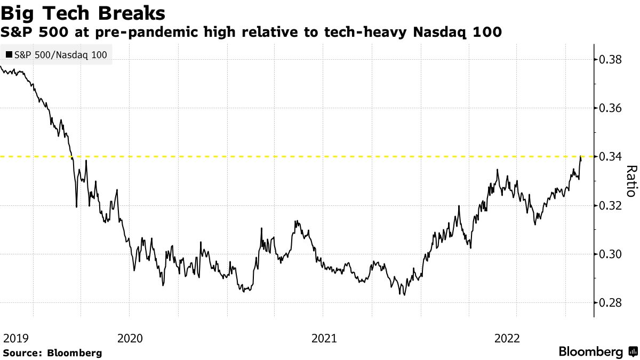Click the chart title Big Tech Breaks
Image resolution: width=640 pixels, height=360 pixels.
point(83,12)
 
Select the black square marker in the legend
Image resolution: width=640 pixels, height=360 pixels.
point(9,54)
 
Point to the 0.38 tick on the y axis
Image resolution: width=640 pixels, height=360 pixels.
point(610,59)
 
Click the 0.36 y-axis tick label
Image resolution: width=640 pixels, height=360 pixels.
point(610,108)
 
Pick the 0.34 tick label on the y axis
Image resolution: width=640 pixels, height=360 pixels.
point(610,157)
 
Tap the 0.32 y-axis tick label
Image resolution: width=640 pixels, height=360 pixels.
point(610,206)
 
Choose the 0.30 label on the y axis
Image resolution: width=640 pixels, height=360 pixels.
point(610,254)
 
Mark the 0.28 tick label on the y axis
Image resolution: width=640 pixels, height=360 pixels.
point(610,303)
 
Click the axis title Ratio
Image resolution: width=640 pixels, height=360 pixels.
point(630,181)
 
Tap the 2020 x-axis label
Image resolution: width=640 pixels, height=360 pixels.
point(130,338)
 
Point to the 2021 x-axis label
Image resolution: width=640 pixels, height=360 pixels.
point(324,338)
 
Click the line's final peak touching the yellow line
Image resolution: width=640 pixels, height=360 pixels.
point(580,157)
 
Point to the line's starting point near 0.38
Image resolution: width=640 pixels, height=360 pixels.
point(1,67)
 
